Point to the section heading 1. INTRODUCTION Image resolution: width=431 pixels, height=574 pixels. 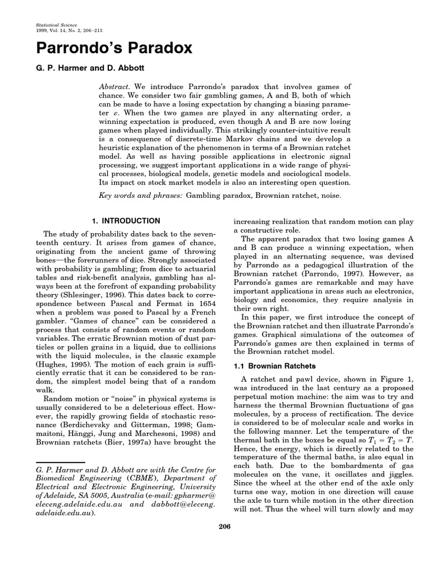126,221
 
